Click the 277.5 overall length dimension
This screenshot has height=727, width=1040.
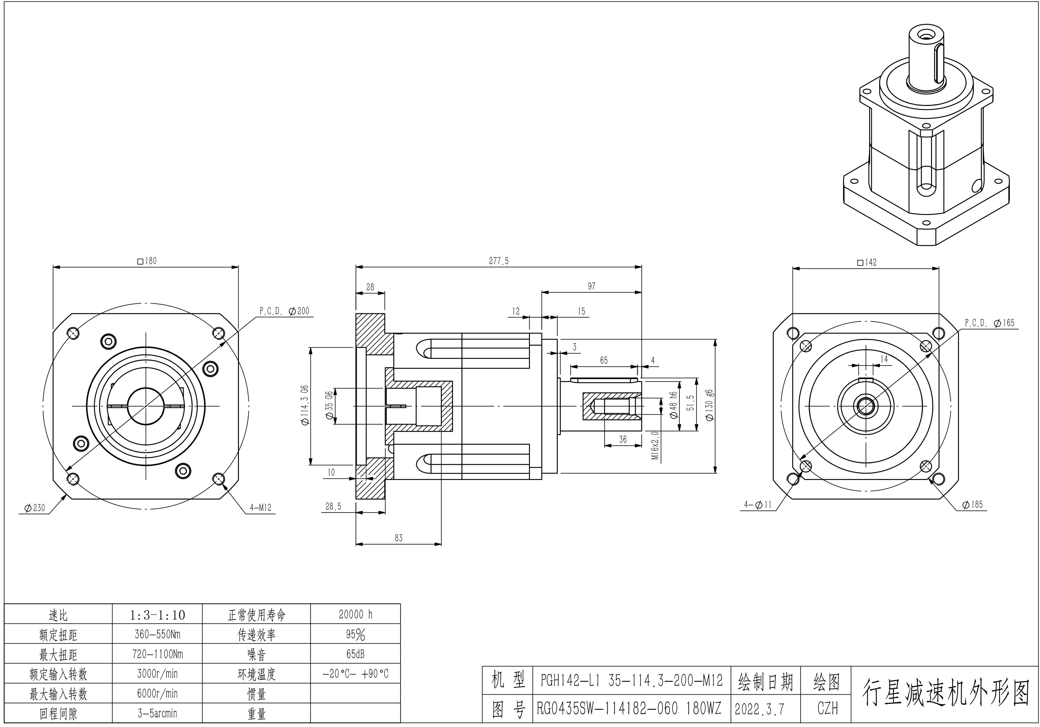[499, 261]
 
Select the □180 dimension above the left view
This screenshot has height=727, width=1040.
[147, 261]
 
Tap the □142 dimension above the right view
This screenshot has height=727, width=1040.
[867, 262]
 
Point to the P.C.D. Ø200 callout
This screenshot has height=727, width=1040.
[284, 311]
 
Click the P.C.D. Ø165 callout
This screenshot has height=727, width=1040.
[989, 323]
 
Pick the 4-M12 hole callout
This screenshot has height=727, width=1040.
[261, 508]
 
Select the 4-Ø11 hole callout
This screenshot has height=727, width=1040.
[758, 504]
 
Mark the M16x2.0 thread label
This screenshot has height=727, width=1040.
[655, 445]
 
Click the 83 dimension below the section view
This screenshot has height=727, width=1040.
[398, 538]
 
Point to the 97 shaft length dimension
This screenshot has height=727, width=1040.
[592, 286]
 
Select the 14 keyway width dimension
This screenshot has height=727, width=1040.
[884, 359]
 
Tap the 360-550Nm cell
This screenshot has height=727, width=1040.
[157, 634]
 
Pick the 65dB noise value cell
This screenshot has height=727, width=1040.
[356, 654]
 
